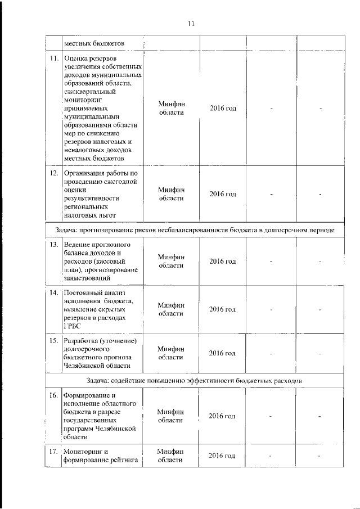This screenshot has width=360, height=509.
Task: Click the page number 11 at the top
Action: (191, 24)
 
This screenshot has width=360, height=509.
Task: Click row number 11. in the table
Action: (54, 58)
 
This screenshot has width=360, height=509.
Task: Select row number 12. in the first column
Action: (54, 173)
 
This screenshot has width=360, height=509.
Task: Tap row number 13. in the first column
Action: (54, 245)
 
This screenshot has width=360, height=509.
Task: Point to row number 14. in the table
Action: (54, 293)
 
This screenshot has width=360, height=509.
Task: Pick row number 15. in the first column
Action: (54, 341)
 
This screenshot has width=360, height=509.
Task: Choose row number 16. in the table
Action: (54, 395)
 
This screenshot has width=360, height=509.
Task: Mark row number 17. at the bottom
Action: (54, 452)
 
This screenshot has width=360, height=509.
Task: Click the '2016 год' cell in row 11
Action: (222, 108)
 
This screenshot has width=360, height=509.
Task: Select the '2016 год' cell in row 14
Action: (222, 309)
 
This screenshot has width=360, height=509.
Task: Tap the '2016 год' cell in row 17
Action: (222, 456)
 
